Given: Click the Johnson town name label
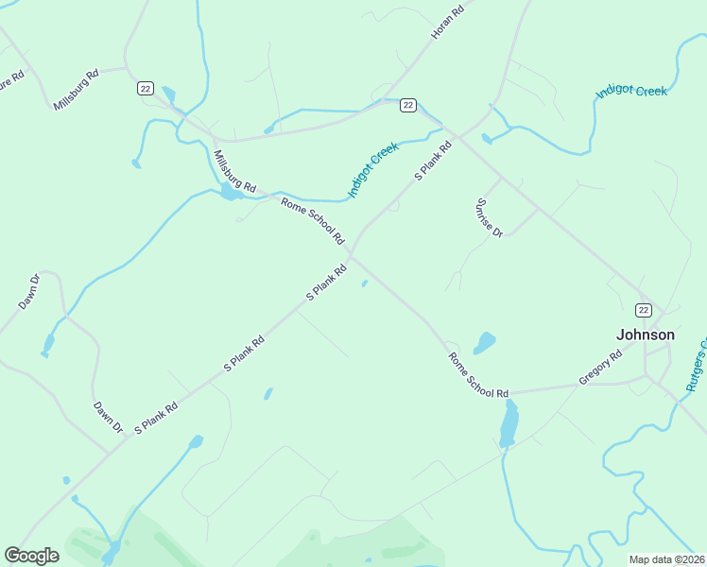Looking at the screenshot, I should coord(646,335).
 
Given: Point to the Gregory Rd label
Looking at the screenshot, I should coord(600,368).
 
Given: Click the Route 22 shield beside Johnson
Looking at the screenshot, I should coord(643,310).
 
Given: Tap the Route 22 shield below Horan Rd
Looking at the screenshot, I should coord(407,105).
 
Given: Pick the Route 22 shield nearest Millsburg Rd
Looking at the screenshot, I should coord(145,88).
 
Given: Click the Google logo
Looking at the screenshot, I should coord(31,555).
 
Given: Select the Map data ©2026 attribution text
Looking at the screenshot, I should coord(665,559).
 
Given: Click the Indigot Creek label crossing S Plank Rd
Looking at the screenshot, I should coord(373,170).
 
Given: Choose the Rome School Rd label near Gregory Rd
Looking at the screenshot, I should coord(478,374).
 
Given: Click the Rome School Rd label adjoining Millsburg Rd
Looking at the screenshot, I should coord(312,219).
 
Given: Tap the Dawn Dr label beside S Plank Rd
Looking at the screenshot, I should coord(108,417).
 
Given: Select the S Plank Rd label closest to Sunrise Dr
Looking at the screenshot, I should coord(428,163).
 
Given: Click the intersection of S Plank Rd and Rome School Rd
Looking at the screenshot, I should coord(352,255).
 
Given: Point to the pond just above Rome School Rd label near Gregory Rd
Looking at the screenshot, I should coord(484,342).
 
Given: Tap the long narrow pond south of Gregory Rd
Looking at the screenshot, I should coord(509,423).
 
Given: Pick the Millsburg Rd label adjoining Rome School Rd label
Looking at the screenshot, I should coord(234,172).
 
